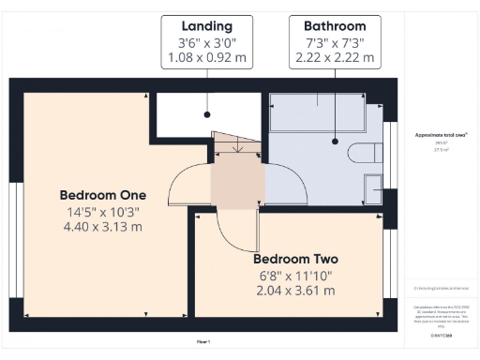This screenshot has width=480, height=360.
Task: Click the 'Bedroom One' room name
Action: coord(102,195)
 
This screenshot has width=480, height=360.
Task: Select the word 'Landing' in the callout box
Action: coord(206,25)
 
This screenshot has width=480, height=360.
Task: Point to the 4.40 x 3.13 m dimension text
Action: coord(102,227)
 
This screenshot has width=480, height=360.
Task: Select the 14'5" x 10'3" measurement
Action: coord(102,211)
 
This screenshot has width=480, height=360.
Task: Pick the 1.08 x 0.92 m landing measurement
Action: coord(206,57)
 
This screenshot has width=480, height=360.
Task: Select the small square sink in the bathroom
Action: coord(373,186)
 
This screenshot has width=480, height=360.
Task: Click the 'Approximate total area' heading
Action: coord(441,135)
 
